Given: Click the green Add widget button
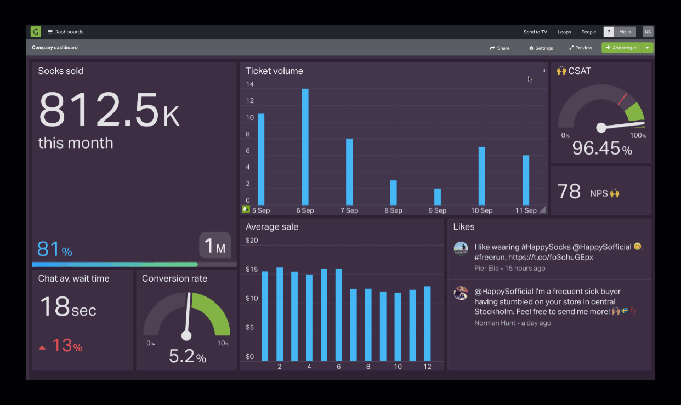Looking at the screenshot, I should tap(621, 48).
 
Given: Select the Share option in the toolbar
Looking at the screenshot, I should tap(500, 48).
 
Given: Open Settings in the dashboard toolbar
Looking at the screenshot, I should tap(541, 48).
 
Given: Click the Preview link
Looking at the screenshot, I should tap(580, 48).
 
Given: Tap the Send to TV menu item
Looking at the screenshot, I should tap(535, 32).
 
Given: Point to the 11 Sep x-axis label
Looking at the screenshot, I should tap(526, 210).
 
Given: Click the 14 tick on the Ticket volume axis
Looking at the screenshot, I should tap(250, 84).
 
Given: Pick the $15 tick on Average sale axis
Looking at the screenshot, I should tap(252, 269).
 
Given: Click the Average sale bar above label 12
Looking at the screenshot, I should tap(427, 323).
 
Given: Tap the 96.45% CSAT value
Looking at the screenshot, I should tap(601, 149).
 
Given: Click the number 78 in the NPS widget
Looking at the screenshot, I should tap(569, 192).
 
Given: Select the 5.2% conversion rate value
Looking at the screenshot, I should tap(187, 357).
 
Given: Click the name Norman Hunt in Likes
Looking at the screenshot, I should tap(495, 323).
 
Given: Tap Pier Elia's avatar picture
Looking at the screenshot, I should tap(461, 248).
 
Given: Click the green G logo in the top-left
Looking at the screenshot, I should tap(36, 32).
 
